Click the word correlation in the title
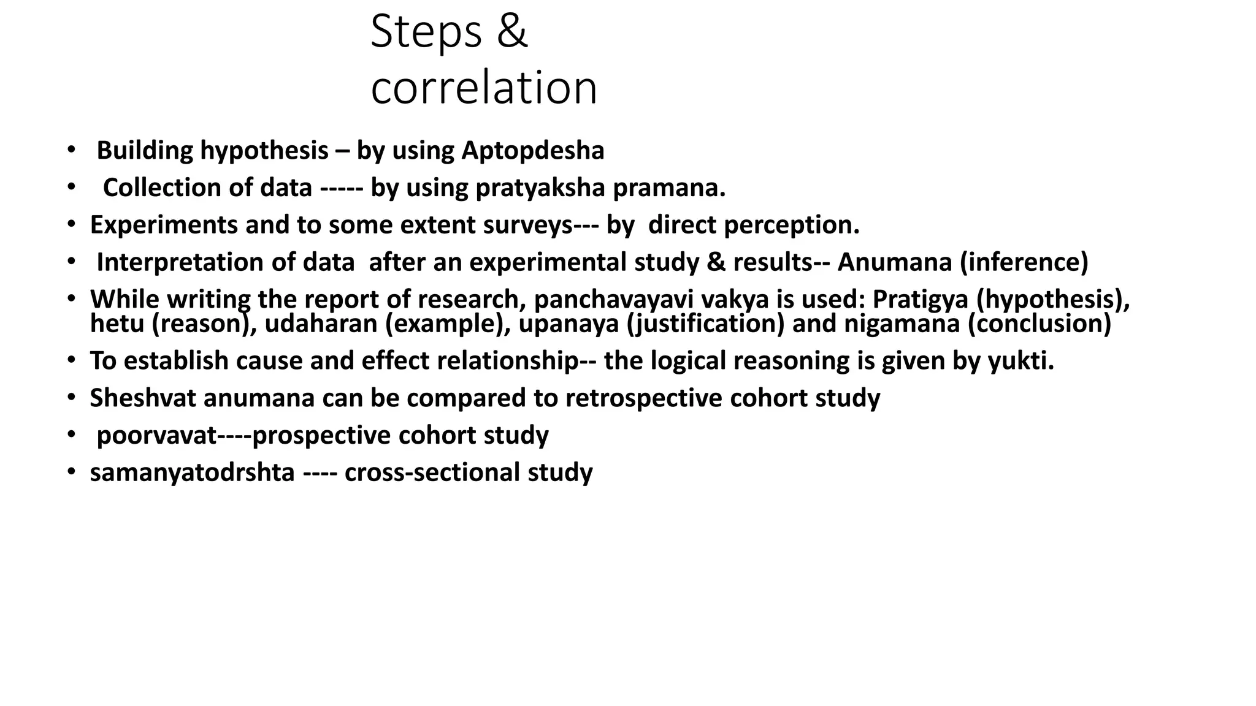(x=484, y=88)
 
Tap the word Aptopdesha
(x=532, y=151)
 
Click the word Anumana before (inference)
(x=895, y=262)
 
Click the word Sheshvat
(x=143, y=398)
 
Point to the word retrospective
(x=643, y=398)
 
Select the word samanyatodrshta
(x=192, y=473)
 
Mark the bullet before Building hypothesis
(x=71, y=150)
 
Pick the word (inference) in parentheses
(x=1024, y=262)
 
